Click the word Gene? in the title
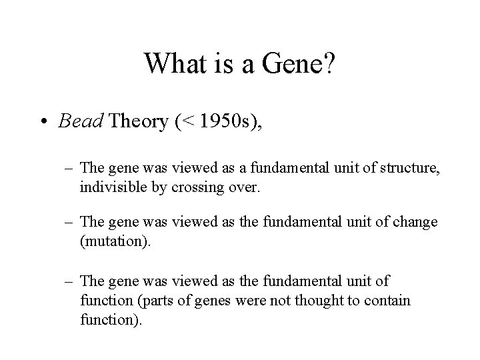pos(298,64)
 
